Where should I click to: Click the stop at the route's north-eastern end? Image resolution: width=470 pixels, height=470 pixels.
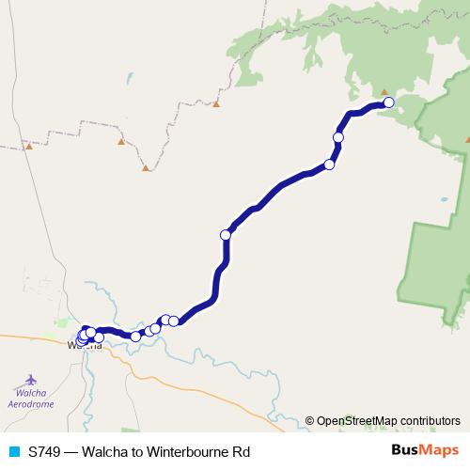(x=388, y=102)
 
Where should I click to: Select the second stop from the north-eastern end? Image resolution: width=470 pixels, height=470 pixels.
(x=338, y=137)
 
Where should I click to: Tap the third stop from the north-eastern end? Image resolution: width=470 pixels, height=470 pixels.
(x=329, y=164)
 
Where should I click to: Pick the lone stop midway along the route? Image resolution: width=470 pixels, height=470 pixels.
(x=226, y=234)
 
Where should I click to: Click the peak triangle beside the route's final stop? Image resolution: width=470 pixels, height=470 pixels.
(x=384, y=92)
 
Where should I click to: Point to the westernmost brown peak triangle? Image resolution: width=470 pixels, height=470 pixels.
(x=29, y=146)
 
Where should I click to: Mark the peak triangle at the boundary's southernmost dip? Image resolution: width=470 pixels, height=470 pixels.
(x=148, y=169)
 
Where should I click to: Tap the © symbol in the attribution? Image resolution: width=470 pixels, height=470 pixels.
(x=309, y=420)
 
